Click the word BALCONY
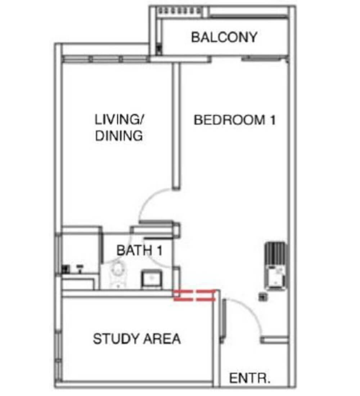224,37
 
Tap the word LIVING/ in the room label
119,120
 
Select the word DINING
119,136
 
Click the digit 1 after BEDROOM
272,120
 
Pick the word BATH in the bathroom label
134,250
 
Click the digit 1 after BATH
159,250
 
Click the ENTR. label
249,378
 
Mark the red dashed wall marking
194,295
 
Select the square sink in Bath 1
152,279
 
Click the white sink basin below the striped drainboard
275,276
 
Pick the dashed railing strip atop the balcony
180,11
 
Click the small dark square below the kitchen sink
263,297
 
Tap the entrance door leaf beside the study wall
223,319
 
